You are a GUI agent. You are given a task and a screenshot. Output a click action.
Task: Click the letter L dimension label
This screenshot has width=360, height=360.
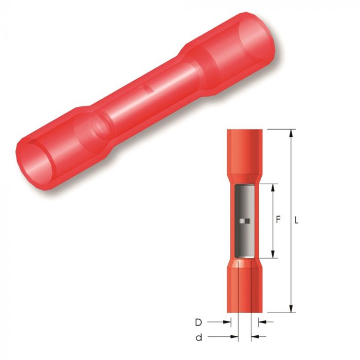pos(297,221)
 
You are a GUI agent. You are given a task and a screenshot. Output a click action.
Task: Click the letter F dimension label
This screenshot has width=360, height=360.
pos(278,220)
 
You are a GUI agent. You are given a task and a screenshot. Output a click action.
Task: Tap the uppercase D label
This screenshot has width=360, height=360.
pos(199,322)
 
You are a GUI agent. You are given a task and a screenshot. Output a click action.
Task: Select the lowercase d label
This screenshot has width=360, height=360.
pos(199,337)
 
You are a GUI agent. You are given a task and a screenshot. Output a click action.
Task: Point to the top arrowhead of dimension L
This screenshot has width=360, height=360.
pos(291,133)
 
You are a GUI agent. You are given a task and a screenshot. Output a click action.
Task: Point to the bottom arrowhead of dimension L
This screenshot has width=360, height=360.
pos(291,309)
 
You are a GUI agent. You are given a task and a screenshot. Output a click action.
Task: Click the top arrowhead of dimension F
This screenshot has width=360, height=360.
pos(273,188)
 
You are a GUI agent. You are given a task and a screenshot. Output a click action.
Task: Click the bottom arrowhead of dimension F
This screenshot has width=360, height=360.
pos(273,254)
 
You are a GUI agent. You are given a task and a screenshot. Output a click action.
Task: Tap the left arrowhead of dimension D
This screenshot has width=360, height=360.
pos(227,322)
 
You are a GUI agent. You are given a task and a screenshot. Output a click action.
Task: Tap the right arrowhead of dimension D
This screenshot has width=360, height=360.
pos(262,322)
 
